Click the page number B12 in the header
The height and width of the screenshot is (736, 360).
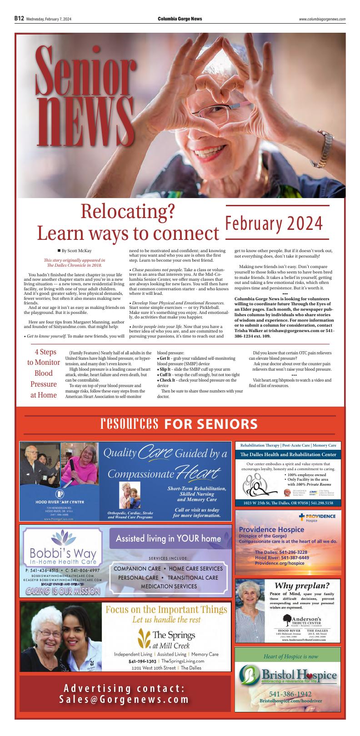(x=19, y=19)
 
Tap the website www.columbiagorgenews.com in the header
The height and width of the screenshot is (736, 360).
(x=322, y=19)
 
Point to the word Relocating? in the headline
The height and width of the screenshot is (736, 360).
(x=128, y=211)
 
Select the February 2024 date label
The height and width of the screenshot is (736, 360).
(x=274, y=224)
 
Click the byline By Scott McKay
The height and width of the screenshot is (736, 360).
(x=76, y=250)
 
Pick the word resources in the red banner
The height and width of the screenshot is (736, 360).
(x=130, y=424)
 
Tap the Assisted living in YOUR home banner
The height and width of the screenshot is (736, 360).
(x=168, y=538)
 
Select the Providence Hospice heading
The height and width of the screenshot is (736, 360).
(x=271, y=529)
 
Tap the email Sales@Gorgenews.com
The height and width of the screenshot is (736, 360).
(x=125, y=699)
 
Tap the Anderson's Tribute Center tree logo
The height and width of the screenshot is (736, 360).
(x=288, y=618)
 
